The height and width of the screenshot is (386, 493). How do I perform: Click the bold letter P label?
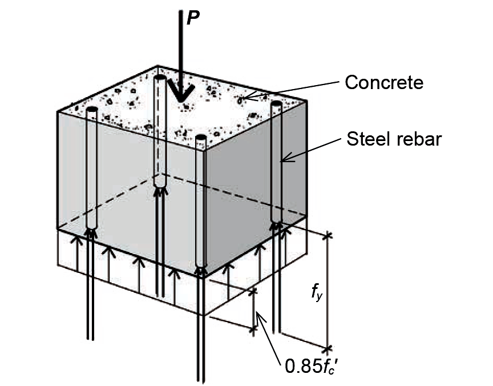pyautogui.click(x=193, y=18)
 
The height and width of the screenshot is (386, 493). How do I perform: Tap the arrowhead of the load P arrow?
pyautogui.click(x=180, y=91)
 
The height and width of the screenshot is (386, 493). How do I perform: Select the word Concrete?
pyautogui.click(x=384, y=82)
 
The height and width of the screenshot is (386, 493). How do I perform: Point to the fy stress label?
pyautogui.click(x=317, y=293)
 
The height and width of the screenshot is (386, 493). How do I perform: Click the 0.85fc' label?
pyautogui.click(x=312, y=366)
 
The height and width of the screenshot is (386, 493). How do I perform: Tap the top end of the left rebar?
pyautogui.click(x=92, y=109)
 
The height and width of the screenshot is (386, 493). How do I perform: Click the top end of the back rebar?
pyautogui.click(x=160, y=77)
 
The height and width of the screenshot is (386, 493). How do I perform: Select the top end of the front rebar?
pyautogui.click(x=201, y=137)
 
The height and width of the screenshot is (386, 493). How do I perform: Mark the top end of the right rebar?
pyautogui.click(x=277, y=103)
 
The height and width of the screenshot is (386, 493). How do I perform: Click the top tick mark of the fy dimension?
pyautogui.click(x=328, y=235)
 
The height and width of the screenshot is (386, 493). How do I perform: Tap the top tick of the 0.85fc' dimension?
pyautogui.click(x=253, y=292)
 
